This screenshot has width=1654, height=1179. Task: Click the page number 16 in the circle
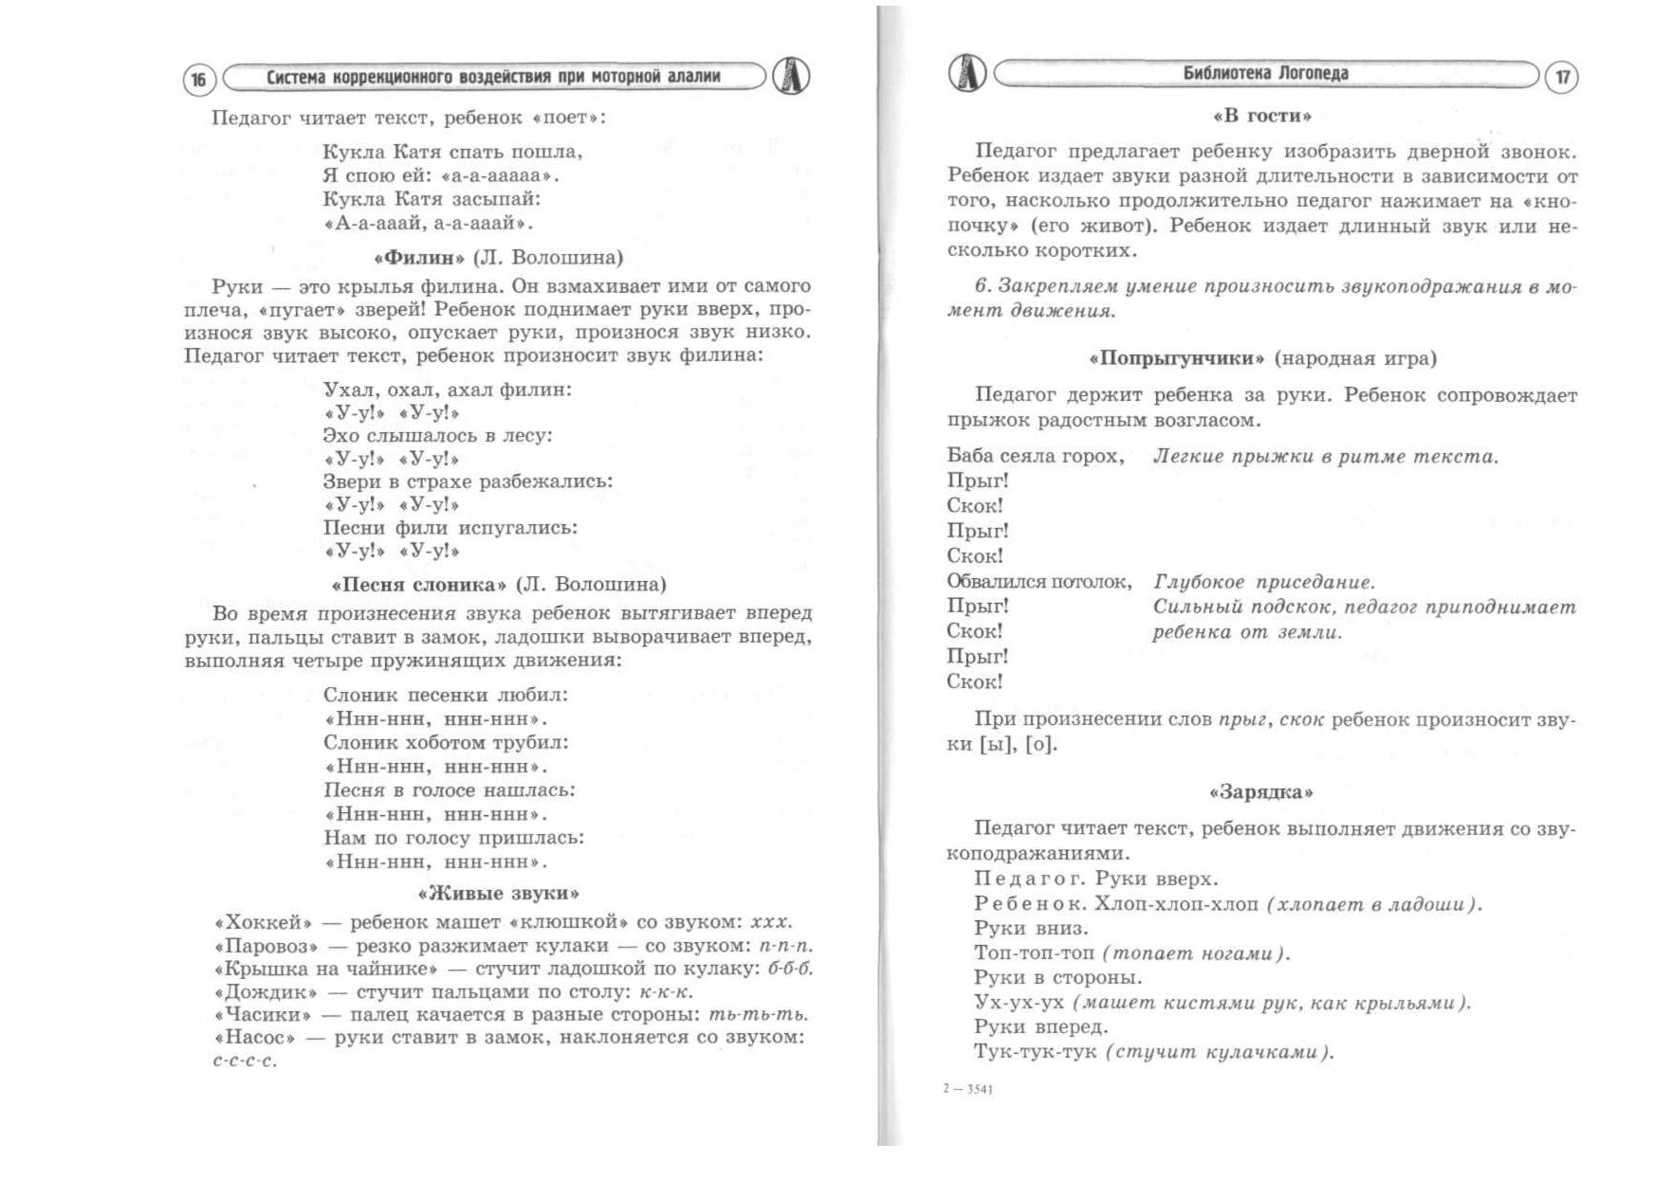pyautogui.click(x=199, y=80)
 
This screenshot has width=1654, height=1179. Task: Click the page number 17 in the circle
pyautogui.click(x=1562, y=77)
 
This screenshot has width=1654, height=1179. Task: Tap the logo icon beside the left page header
pyautogui.click(x=791, y=76)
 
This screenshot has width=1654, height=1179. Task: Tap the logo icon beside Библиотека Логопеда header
pyautogui.click(x=967, y=73)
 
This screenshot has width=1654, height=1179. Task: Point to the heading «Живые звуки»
pyautogui.click(x=499, y=893)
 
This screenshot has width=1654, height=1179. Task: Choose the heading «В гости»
pyautogui.click(x=1262, y=116)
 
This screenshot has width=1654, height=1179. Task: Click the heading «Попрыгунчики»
pyautogui.click(x=1176, y=358)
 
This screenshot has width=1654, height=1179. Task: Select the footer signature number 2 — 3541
pyautogui.click(x=968, y=1089)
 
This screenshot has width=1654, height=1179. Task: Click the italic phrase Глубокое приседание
pyautogui.click(x=1263, y=582)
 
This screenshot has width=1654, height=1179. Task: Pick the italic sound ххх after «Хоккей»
pyautogui.click(x=770, y=922)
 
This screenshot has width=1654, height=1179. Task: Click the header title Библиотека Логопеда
pyautogui.click(x=1265, y=74)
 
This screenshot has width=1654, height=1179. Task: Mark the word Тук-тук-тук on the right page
pyautogui.click(x=1036, y=1052)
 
